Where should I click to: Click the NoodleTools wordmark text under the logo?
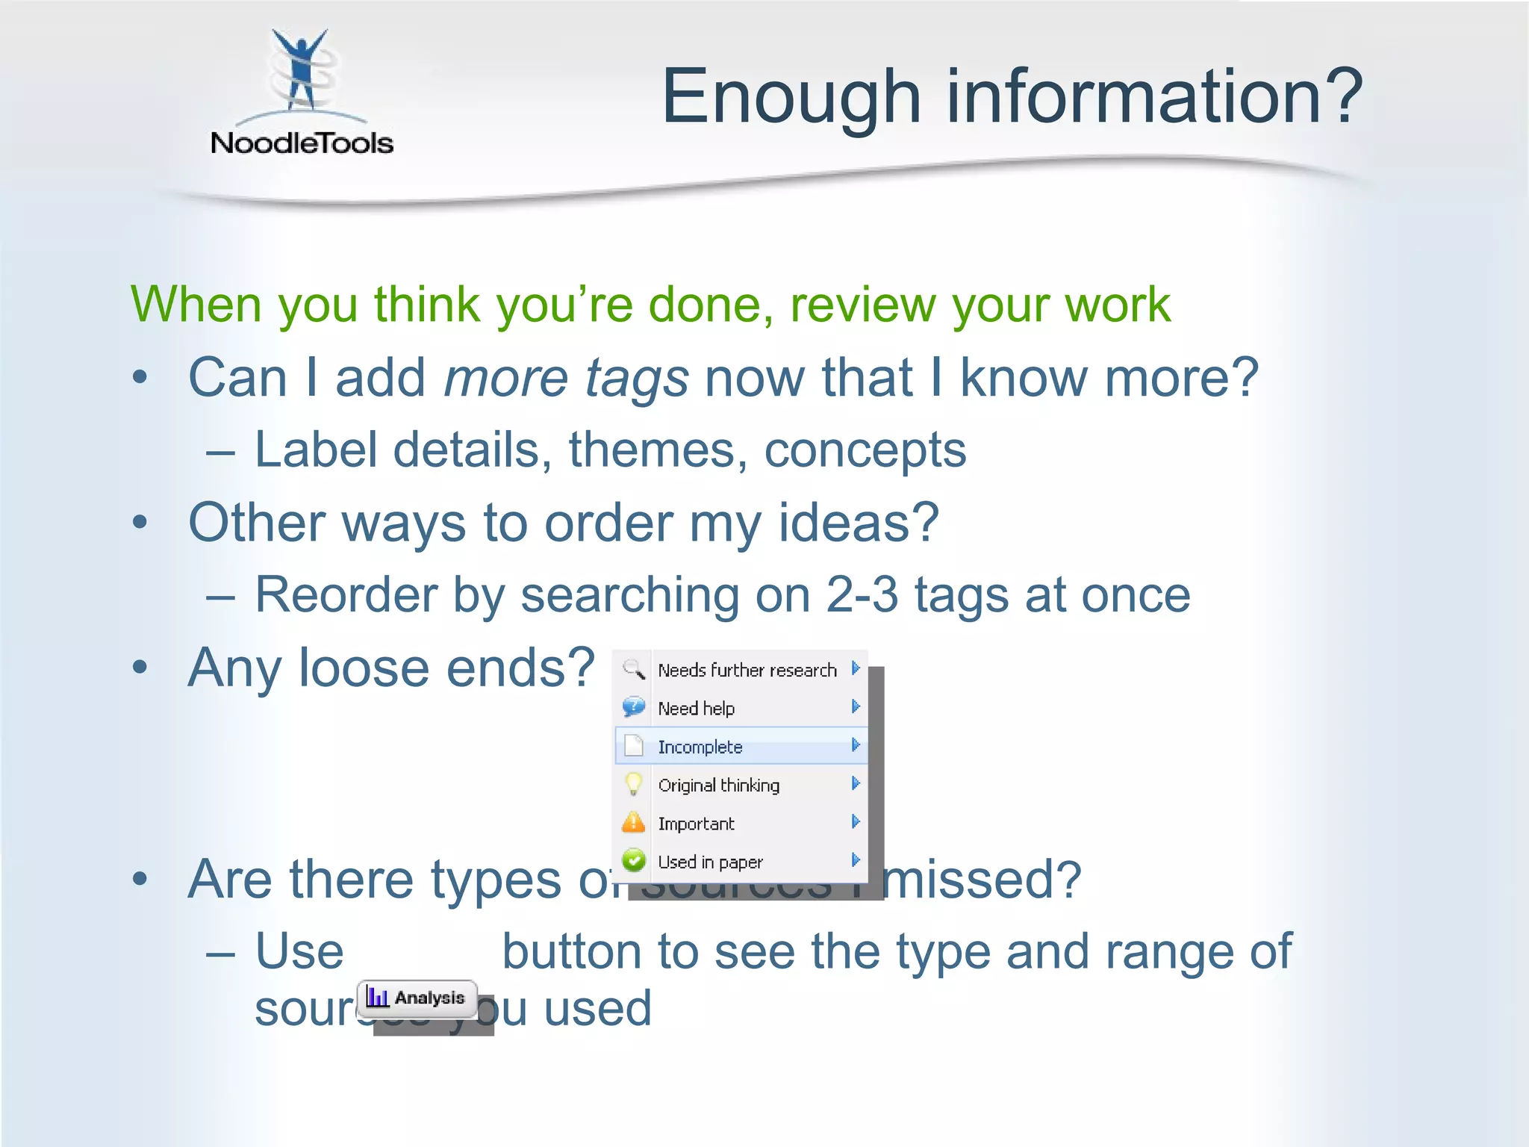coord(302,143)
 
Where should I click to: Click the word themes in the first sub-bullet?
coord(658,450)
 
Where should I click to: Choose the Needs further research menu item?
coord(747,670)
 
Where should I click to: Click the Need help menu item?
coord(696,708)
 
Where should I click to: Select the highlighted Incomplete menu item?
coord(700,747)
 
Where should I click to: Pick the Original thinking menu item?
coord(718,785)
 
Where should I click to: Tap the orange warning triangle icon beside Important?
coord(633,823)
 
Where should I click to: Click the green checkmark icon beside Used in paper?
coord(633,861)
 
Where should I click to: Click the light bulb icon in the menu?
coord(633,784)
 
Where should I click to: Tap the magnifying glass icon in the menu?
coord(633,669)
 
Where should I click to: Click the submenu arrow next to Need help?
coord(856,706)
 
